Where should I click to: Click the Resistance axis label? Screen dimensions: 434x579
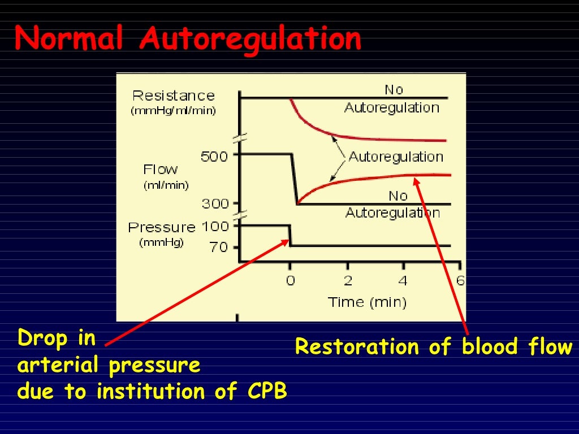[x=174, y=96]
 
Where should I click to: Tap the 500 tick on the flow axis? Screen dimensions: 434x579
[x=214, y=156]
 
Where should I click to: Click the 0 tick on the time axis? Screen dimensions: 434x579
[x=290, y=280]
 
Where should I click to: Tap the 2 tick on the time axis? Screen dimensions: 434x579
[x=348, y=280]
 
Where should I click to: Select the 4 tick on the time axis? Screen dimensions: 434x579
[x=403, y=280]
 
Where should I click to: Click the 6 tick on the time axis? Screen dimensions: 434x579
[x=460, y=280]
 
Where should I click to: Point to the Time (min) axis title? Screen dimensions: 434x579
[x=367, y=302]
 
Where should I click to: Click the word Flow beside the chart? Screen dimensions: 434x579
[x=161, y=169]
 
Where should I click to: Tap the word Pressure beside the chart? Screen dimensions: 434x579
[x=162, y=227]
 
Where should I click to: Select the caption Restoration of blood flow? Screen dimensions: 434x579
[x=434, y=346]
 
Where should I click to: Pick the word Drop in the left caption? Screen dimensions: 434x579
[x=42, y=339]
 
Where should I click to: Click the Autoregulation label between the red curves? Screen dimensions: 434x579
[x=396, y=156]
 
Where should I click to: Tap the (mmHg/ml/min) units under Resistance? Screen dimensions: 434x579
[x=174, y=111]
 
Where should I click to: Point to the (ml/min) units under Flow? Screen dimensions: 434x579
[x=166, y=185]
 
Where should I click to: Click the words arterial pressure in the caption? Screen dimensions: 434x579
[x=109, y=365]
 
